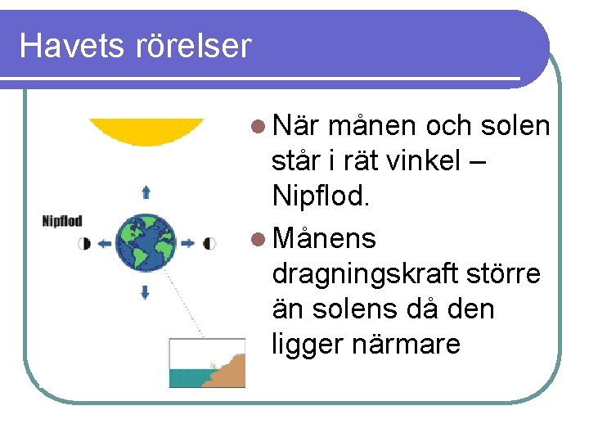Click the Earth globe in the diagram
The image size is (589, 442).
pyautogui.click(x=146, y=242)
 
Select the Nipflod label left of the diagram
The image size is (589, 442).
pyautogui.click(x=62, y=221)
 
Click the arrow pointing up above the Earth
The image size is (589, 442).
pyautogui.click(x=146, y=192)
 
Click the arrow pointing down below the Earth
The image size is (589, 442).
pyautogui.click(x=146, y=291)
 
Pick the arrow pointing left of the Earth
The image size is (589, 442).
pyautogui.click(x=105, y=243)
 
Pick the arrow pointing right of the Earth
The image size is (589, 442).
pyautogui.click(x=187, y=243)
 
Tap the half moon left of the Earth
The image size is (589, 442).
pyautogui.click(x=85, y=243)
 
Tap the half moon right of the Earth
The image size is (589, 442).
pyautogui.click(x=209, y=243)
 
